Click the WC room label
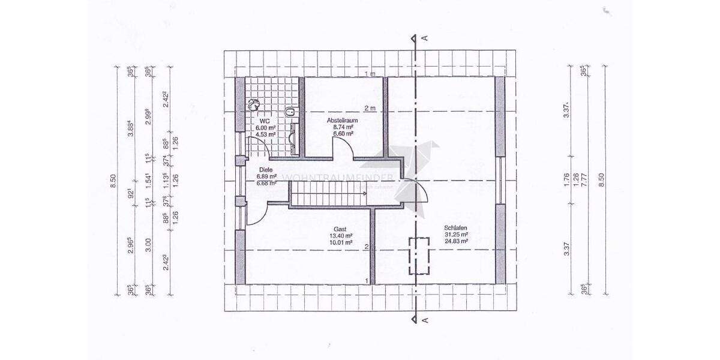(x=264, y=121)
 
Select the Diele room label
(x=265, y=169)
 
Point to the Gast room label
(x=340, y=229)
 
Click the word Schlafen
(x=455, y=227)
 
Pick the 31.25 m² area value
(x=456, y=234)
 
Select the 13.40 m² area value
(x=340, y=235)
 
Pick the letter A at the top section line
(x=425, y=38)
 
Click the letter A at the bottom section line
(x=425, y=320)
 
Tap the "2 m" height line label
(x=370, y=109)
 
